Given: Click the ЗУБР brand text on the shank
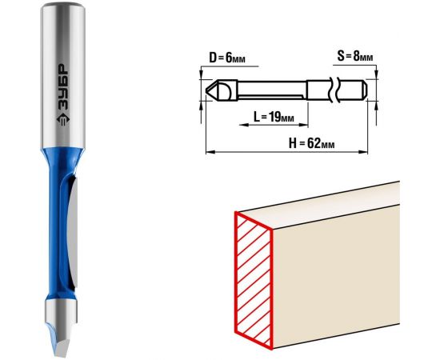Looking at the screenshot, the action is (x=62, y=88).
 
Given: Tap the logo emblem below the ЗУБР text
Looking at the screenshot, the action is (x=62, y=119).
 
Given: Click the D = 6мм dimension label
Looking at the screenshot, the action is (x=227, y=58).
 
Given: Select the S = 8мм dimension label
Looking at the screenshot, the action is (x=355, y=56).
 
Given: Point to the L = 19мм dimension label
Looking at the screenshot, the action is (x=274, y=117).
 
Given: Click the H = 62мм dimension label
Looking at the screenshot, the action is (x=311, y=144).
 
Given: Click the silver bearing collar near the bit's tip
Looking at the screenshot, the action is (x=61, y=311).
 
